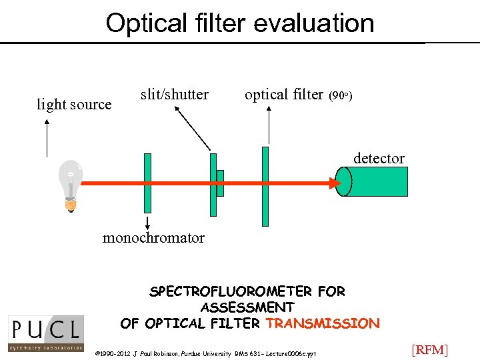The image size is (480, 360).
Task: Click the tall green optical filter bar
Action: [265, 187]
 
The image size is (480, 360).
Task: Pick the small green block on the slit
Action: [220, 183]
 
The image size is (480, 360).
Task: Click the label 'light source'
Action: [74, 105]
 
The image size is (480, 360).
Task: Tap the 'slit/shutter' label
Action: [175, 95]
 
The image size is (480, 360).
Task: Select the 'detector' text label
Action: [379, 158]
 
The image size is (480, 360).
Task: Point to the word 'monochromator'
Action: [153, 238]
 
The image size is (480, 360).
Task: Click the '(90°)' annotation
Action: [341, 96]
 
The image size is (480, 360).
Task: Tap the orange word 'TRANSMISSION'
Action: [323, 323]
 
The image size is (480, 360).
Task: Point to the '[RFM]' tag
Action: [429, 349]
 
